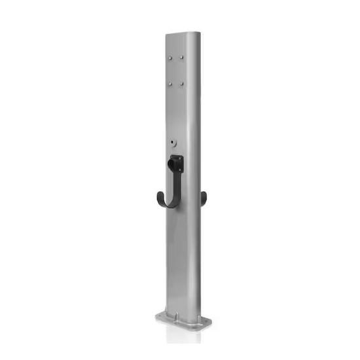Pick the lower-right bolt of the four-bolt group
(x=182, y=84)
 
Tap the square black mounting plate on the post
(x=176, y=163)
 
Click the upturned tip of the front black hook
(x=158, y=195)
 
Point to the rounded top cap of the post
(x=183, y=35)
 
